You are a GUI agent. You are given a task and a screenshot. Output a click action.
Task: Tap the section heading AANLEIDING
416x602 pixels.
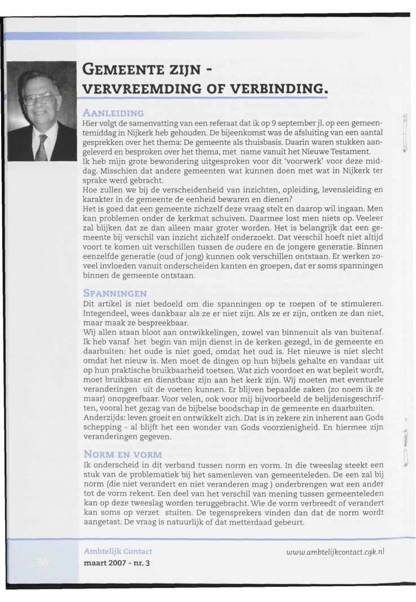(x=113, y=113)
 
